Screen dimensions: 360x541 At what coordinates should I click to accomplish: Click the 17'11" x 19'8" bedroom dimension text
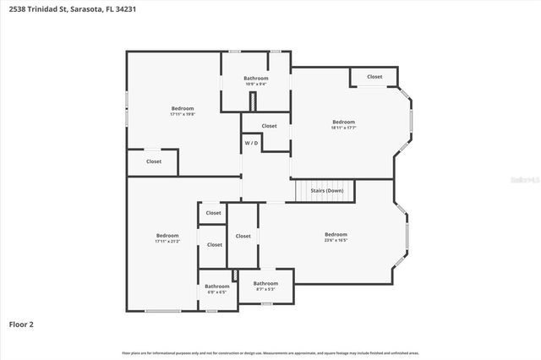[x=183, y=114]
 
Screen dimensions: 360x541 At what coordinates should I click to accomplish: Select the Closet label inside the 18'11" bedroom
[x=374, y=77]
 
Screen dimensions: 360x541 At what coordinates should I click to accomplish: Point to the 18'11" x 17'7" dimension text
[x=343, y=128]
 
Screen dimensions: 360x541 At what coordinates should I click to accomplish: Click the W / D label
[x=252, y=144]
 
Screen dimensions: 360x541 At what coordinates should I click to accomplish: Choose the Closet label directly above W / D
[x=269, y=126]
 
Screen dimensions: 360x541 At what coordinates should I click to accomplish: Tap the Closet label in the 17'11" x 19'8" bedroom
[x=154, y=161]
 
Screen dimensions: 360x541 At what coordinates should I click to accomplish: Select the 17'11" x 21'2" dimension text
[x=167, y=241]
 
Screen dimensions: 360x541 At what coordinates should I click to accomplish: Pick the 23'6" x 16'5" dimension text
[x=336, y=240]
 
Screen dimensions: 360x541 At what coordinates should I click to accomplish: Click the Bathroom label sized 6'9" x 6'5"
[x=216, y=292]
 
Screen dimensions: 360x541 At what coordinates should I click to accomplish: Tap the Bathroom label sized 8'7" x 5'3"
[x=265, y=289]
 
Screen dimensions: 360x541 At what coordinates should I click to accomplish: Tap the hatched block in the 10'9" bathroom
[x=251, y=101]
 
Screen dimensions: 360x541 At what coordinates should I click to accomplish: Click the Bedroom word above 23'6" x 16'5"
[x=336, y=234]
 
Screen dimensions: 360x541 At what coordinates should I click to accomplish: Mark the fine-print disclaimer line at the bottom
[x=270, y=352]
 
